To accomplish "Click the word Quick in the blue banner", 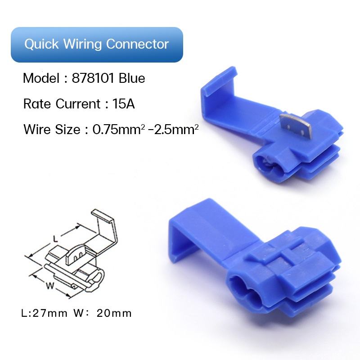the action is pyautogui.click(x=41, y=44).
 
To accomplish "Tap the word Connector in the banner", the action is pyautogui.click(x=137, y=44).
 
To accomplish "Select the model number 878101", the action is pyautogui.click(x=93, y=78).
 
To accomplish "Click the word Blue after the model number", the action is pyautogui.click(x=132, y=78).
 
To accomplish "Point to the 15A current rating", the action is pyautogui.click(x=123, y=103).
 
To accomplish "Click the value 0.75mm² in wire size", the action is pyautogui.click(x=119, y=129).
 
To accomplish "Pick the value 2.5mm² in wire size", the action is pyautogui.click(x=176, y=129).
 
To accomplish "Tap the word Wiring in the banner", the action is pyautogui.click(x=82, y=44).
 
